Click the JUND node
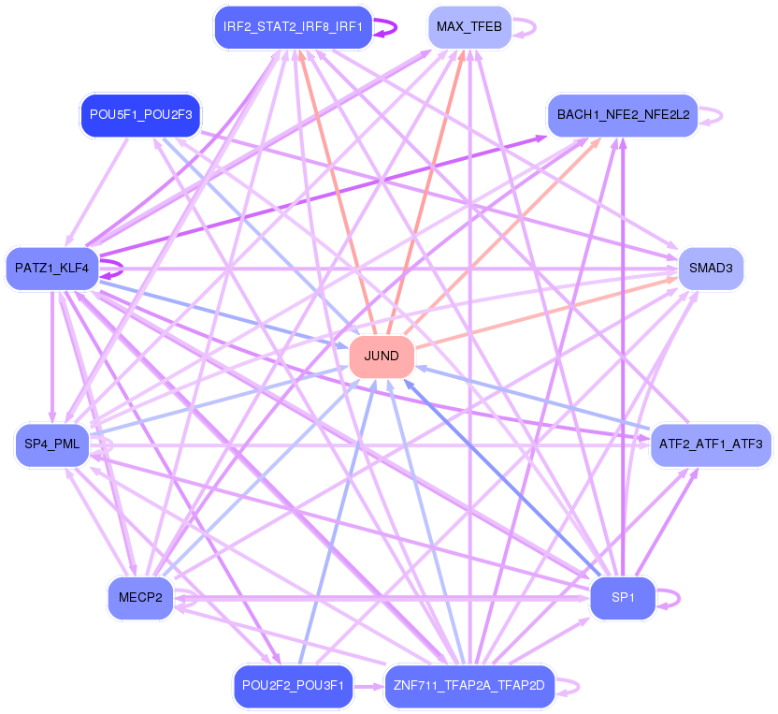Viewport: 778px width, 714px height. click(x=382, y=356)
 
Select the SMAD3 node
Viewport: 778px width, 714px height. click(x=711, y=269)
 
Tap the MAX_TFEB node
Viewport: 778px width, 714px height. click(x=469, y=27)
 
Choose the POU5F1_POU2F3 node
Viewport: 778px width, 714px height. click(x=140, y=115)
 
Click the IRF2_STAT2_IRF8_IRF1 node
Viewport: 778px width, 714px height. click(x=294, y=27)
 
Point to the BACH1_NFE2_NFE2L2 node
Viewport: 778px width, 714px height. click(x=623, y=115)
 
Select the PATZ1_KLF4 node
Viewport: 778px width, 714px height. click(x=52, y=269)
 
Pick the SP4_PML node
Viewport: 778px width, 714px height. click(x=52, y=444)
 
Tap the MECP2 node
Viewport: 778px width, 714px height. click(x=140, y=597)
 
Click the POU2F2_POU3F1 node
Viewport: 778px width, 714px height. click(x=294, y=686)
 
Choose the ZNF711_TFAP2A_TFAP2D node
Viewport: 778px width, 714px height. click(x=469, y=686)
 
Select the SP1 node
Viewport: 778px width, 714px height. click(x=623, y=597)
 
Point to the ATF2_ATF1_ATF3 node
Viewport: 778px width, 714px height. click(x=711, y=444)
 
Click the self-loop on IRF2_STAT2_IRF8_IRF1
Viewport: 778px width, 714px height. click(x=386, y=27)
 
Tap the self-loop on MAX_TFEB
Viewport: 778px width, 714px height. click(x=525, y=27)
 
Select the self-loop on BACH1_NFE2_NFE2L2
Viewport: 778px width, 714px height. click(x=712, y=115)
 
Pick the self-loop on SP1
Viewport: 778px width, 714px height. click(x=669, y=598)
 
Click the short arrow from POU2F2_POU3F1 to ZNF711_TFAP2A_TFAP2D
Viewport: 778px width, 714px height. click(x=368, y=687)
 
